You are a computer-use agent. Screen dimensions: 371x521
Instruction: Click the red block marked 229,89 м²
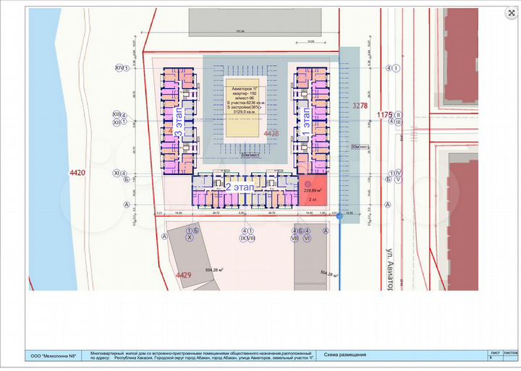pos(313,191)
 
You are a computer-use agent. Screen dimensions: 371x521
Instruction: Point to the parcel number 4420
pos(77,173)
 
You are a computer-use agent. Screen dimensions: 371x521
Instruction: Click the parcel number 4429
pos(183,275)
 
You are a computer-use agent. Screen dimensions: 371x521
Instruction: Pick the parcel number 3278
pos(360,106)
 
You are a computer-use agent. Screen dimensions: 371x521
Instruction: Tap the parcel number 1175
pos(384,115)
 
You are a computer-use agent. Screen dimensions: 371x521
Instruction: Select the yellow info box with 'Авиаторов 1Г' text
pos(247,108)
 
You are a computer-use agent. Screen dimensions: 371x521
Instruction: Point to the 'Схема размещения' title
pos(346,355)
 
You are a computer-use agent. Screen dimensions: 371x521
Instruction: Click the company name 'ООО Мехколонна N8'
pos(55,355)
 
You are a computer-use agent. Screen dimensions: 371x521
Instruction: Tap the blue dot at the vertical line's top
pos(337,213)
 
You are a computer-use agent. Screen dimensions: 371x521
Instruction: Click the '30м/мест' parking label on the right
pos(360,147)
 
